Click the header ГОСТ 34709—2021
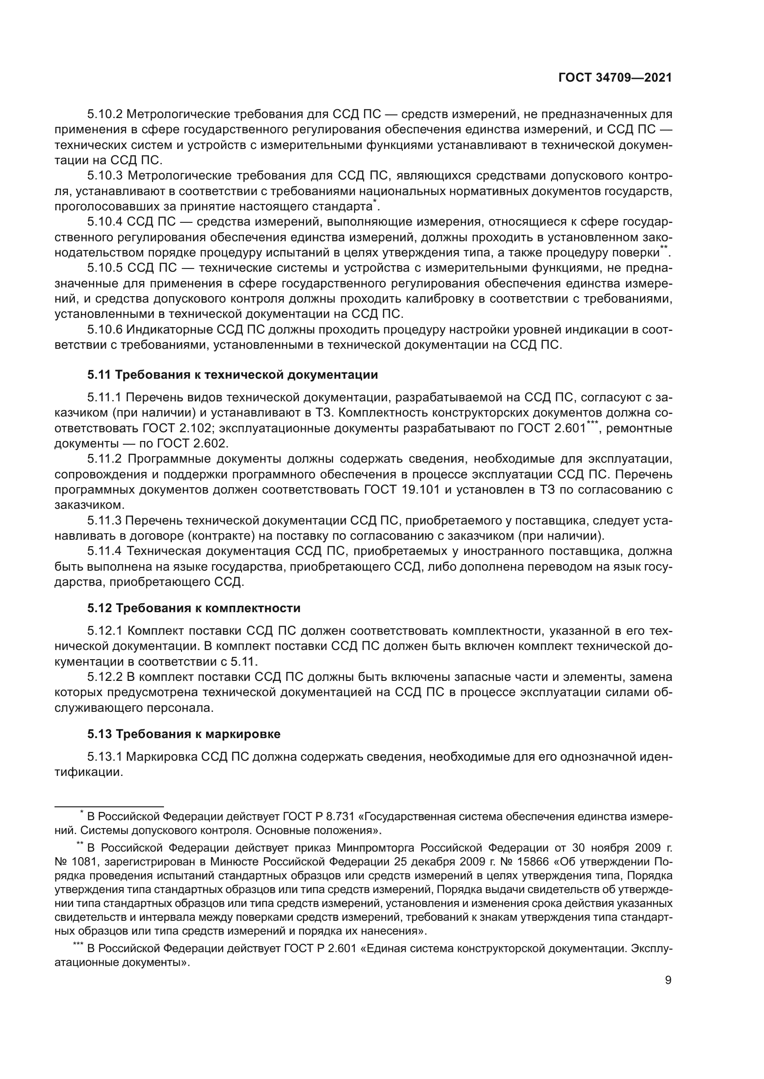[615, 78]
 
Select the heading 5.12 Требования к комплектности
[194, 608]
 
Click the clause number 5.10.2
[105, 114]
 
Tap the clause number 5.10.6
[105, 330]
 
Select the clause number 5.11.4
[105, 551]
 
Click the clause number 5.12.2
[105, 677]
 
